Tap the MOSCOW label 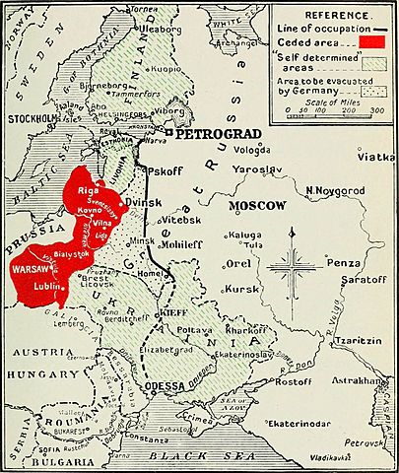[257, 206]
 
